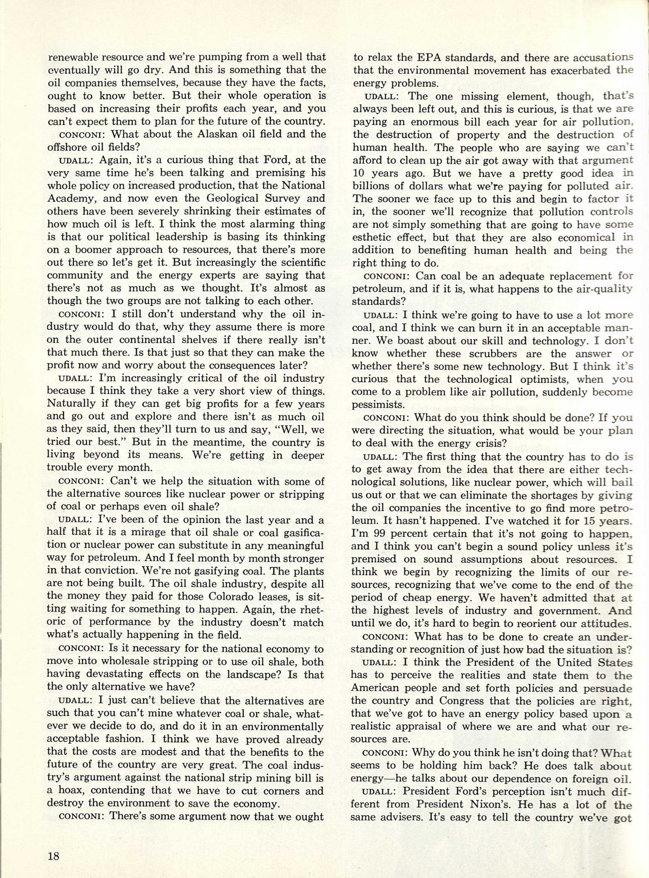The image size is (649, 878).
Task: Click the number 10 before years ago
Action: click(x=358, y=173)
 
